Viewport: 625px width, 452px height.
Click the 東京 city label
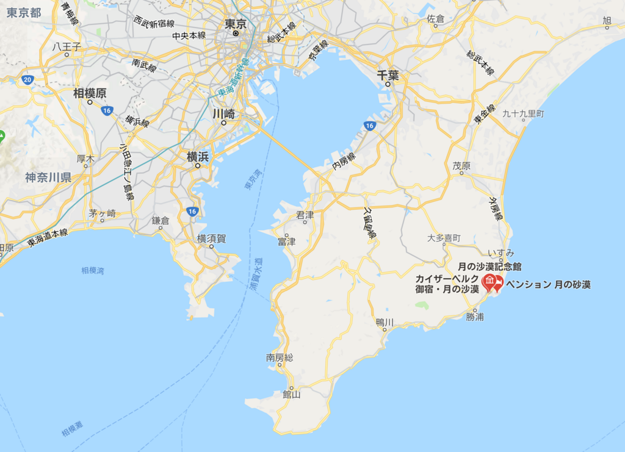pos(236,24)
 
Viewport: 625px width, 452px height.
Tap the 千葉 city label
pos(388,76)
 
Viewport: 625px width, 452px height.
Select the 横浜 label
pos(198,157)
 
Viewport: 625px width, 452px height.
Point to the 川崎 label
pos(223,113)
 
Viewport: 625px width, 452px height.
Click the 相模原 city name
pos(90,93)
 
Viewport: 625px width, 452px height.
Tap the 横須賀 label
pos(211,239)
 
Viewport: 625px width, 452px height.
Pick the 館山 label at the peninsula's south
pos(291,395)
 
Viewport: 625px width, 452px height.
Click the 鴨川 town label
pos(385,321)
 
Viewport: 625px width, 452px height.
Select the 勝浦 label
pos(474,317)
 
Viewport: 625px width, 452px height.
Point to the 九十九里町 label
pos(523,114)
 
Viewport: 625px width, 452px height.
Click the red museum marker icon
pos(489,282)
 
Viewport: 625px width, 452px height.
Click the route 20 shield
pos(27,80)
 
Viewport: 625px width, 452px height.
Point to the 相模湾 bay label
pos(92,270)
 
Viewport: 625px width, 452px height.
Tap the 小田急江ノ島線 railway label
pos(127,174)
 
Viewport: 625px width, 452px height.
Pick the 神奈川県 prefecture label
pos(48,178)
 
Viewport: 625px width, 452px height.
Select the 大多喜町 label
pos(444,238)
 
